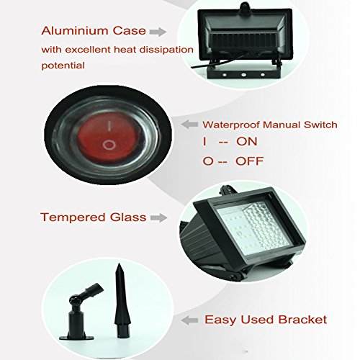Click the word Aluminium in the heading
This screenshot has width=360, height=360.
74,31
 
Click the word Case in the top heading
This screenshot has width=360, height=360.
130,31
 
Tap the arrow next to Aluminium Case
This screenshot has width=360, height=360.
158,32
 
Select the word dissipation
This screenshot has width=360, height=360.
166,50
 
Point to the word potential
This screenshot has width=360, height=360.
63,66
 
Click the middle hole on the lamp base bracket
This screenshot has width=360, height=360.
243,75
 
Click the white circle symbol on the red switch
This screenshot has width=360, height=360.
109,145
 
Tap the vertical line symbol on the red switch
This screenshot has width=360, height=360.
109,126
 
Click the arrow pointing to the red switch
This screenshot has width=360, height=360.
189,125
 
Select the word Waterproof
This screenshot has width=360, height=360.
231,125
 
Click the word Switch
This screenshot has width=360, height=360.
320,125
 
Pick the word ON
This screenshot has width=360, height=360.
247,141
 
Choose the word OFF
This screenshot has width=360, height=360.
250,161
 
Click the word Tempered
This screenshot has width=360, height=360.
73,217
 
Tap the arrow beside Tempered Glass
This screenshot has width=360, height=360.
158,217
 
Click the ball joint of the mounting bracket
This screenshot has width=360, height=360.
74,301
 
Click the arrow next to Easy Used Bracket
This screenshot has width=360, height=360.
189,320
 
